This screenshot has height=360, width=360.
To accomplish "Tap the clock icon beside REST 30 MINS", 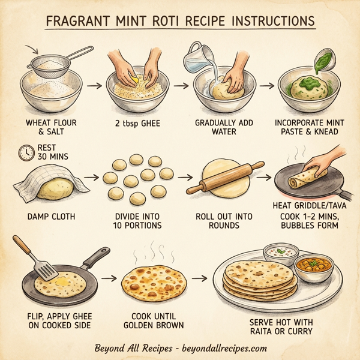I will pyautogui.click(x=26, y=153).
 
